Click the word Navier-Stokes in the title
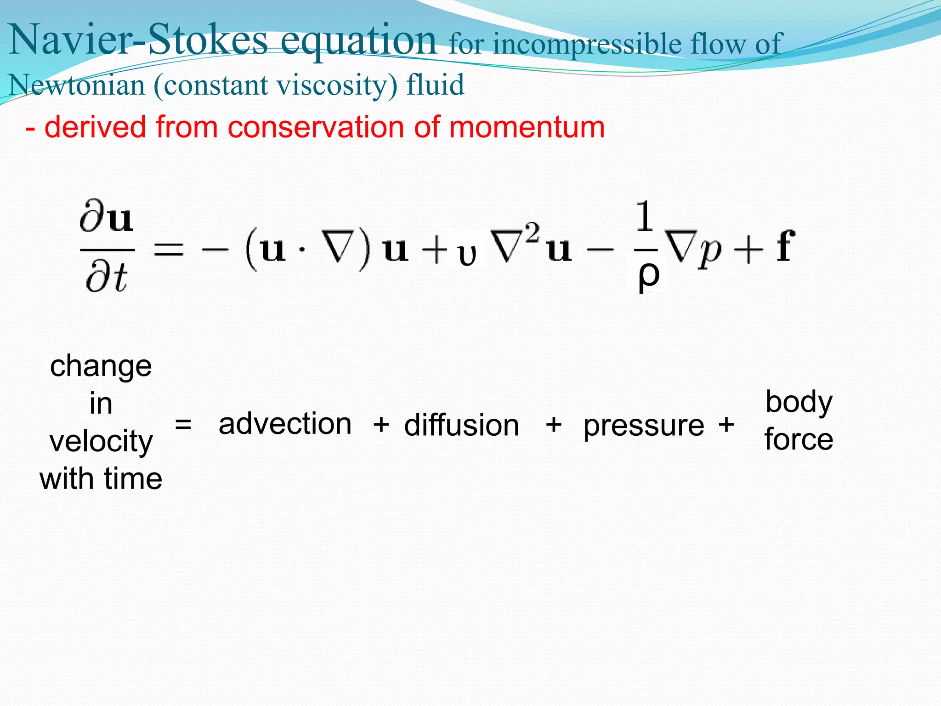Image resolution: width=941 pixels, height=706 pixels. click(138, 40)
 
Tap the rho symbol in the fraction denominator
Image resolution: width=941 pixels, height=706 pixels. click(648, 276)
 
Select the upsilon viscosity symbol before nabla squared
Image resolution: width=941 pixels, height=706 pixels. click(467, 256)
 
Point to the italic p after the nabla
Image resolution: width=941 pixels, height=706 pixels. click(709, 253)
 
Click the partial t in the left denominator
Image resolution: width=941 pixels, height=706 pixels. click(107, 278)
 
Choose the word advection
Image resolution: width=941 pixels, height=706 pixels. click(285, 424)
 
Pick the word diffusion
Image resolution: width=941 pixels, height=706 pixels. click(461, 425)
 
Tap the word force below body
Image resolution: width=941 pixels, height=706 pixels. click(799, 439)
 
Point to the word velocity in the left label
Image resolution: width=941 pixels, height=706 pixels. click(101, 442)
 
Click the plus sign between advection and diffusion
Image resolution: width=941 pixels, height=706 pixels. click(381, 424)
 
